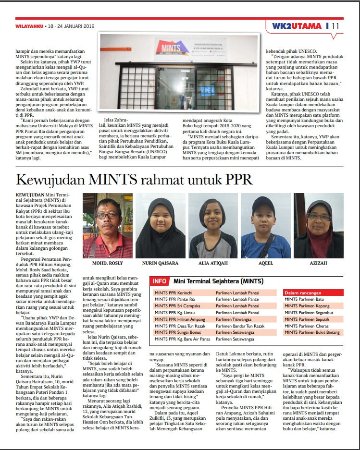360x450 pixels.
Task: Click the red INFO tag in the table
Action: click(x=160, y=281)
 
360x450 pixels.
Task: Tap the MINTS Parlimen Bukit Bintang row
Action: click(x=313, y=332)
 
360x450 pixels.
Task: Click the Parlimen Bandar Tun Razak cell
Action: click(x=239, y=326)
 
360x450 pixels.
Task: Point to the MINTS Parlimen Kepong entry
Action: click(x=307, y=305)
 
